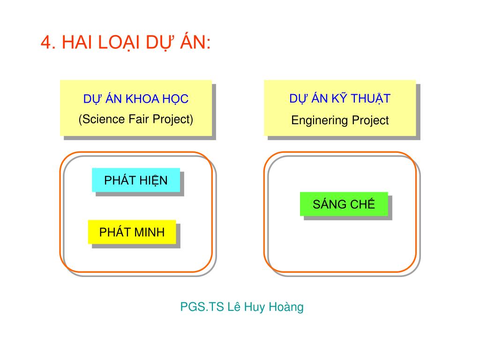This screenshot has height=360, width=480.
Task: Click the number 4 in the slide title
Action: [x=45, y=43]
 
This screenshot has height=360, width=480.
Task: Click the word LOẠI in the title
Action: [x=118, y=43]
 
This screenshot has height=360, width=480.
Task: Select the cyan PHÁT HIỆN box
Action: [x=136, y=180]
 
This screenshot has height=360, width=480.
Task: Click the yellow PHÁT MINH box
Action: [x=132, y=232]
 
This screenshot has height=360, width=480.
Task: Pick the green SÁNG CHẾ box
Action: [x=344, y=204]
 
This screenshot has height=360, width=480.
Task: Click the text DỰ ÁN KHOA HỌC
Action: [x=136, y=99]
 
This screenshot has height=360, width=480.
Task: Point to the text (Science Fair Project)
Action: [x=136, y=119]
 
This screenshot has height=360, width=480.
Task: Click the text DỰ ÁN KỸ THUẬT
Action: [x=340, y=98]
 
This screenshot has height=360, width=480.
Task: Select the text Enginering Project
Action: [x=340, y=120]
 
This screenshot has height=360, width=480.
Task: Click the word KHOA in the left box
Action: [x=142, y=99]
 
